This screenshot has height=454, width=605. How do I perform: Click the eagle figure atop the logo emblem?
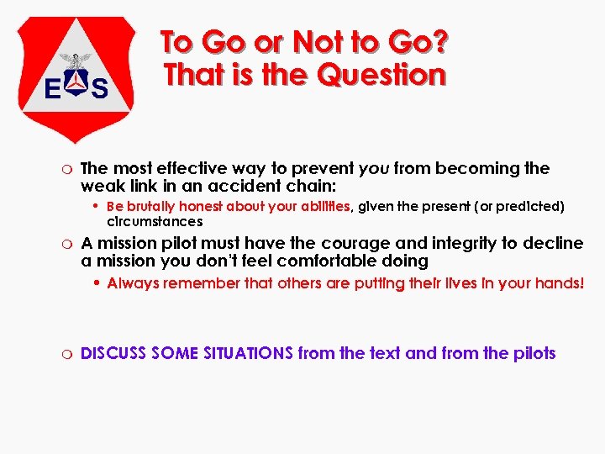[x=76, y=61]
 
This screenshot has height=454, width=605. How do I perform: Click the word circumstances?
[x=155, y=222]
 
